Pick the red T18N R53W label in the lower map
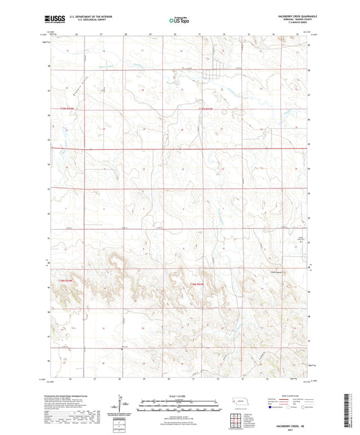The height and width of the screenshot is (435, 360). tap(196, 284)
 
